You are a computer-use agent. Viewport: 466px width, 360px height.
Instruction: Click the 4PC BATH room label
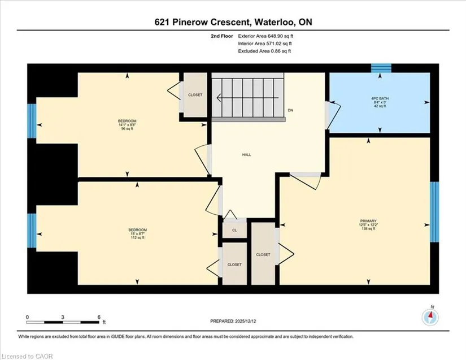[380, 102]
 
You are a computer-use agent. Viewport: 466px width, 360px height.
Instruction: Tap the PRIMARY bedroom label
[368, 225]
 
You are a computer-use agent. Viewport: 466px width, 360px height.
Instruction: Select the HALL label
[246, 155]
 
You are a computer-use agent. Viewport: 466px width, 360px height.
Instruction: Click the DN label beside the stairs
[290, 110]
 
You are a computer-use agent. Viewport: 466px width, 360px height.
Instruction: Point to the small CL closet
[234, 230]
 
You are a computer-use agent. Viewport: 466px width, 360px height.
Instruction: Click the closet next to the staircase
[195, 95]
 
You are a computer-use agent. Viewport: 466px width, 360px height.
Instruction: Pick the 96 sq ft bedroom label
[127, 125]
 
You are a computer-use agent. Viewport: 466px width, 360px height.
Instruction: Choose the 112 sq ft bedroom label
[138, 233]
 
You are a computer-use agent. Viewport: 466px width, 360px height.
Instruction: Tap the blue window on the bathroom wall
[381, 68]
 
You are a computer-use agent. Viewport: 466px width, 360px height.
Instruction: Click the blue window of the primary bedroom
[434, 212]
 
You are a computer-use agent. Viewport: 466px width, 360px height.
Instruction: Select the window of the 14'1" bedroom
[32, 121]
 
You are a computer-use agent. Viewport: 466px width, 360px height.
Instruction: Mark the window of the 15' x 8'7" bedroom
[32, 231]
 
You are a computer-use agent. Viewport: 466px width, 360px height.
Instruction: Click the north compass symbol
[430, 317]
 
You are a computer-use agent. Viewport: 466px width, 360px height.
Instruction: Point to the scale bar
[62, 322]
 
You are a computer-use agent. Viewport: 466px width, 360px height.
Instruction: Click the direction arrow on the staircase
[248, 98]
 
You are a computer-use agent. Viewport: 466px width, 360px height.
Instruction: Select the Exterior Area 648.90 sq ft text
[265, 36]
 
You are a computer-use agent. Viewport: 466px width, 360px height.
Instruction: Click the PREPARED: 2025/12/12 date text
[233, 321]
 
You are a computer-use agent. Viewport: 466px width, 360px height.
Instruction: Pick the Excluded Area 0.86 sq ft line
[264, 51]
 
